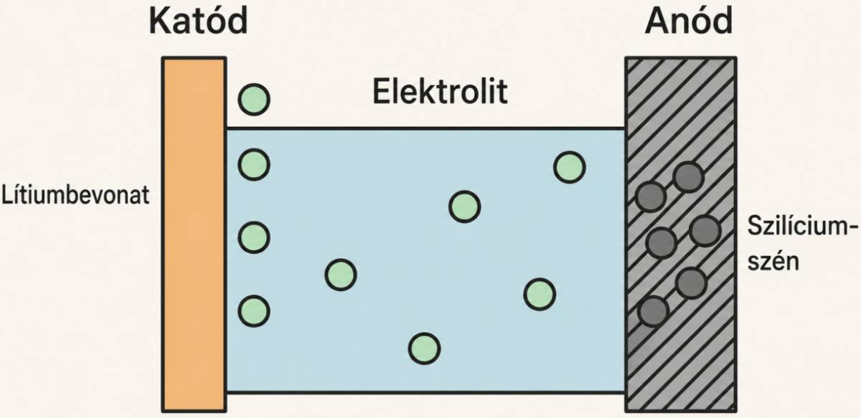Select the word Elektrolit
[x=440, y=91]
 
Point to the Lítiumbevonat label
[x=75, y=195]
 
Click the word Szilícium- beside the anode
[x=803, y=226]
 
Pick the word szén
[x=773, y=262]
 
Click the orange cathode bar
[x=194, y=234]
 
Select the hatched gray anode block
[x=681, y=234]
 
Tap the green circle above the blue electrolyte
[x=254, y=100]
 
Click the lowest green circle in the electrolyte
[x=424, y=349]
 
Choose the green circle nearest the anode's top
[x=570, y=167]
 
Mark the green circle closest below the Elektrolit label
[x=465, y=206]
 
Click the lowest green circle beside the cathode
[x=254, y=311]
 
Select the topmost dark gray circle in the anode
[x=688, y=176]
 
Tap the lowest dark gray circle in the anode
[x=653, y=311]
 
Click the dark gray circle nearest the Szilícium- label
[x=705, y=231]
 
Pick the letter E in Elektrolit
[x=381, y=92]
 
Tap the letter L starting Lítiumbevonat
[x=7, y=195]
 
